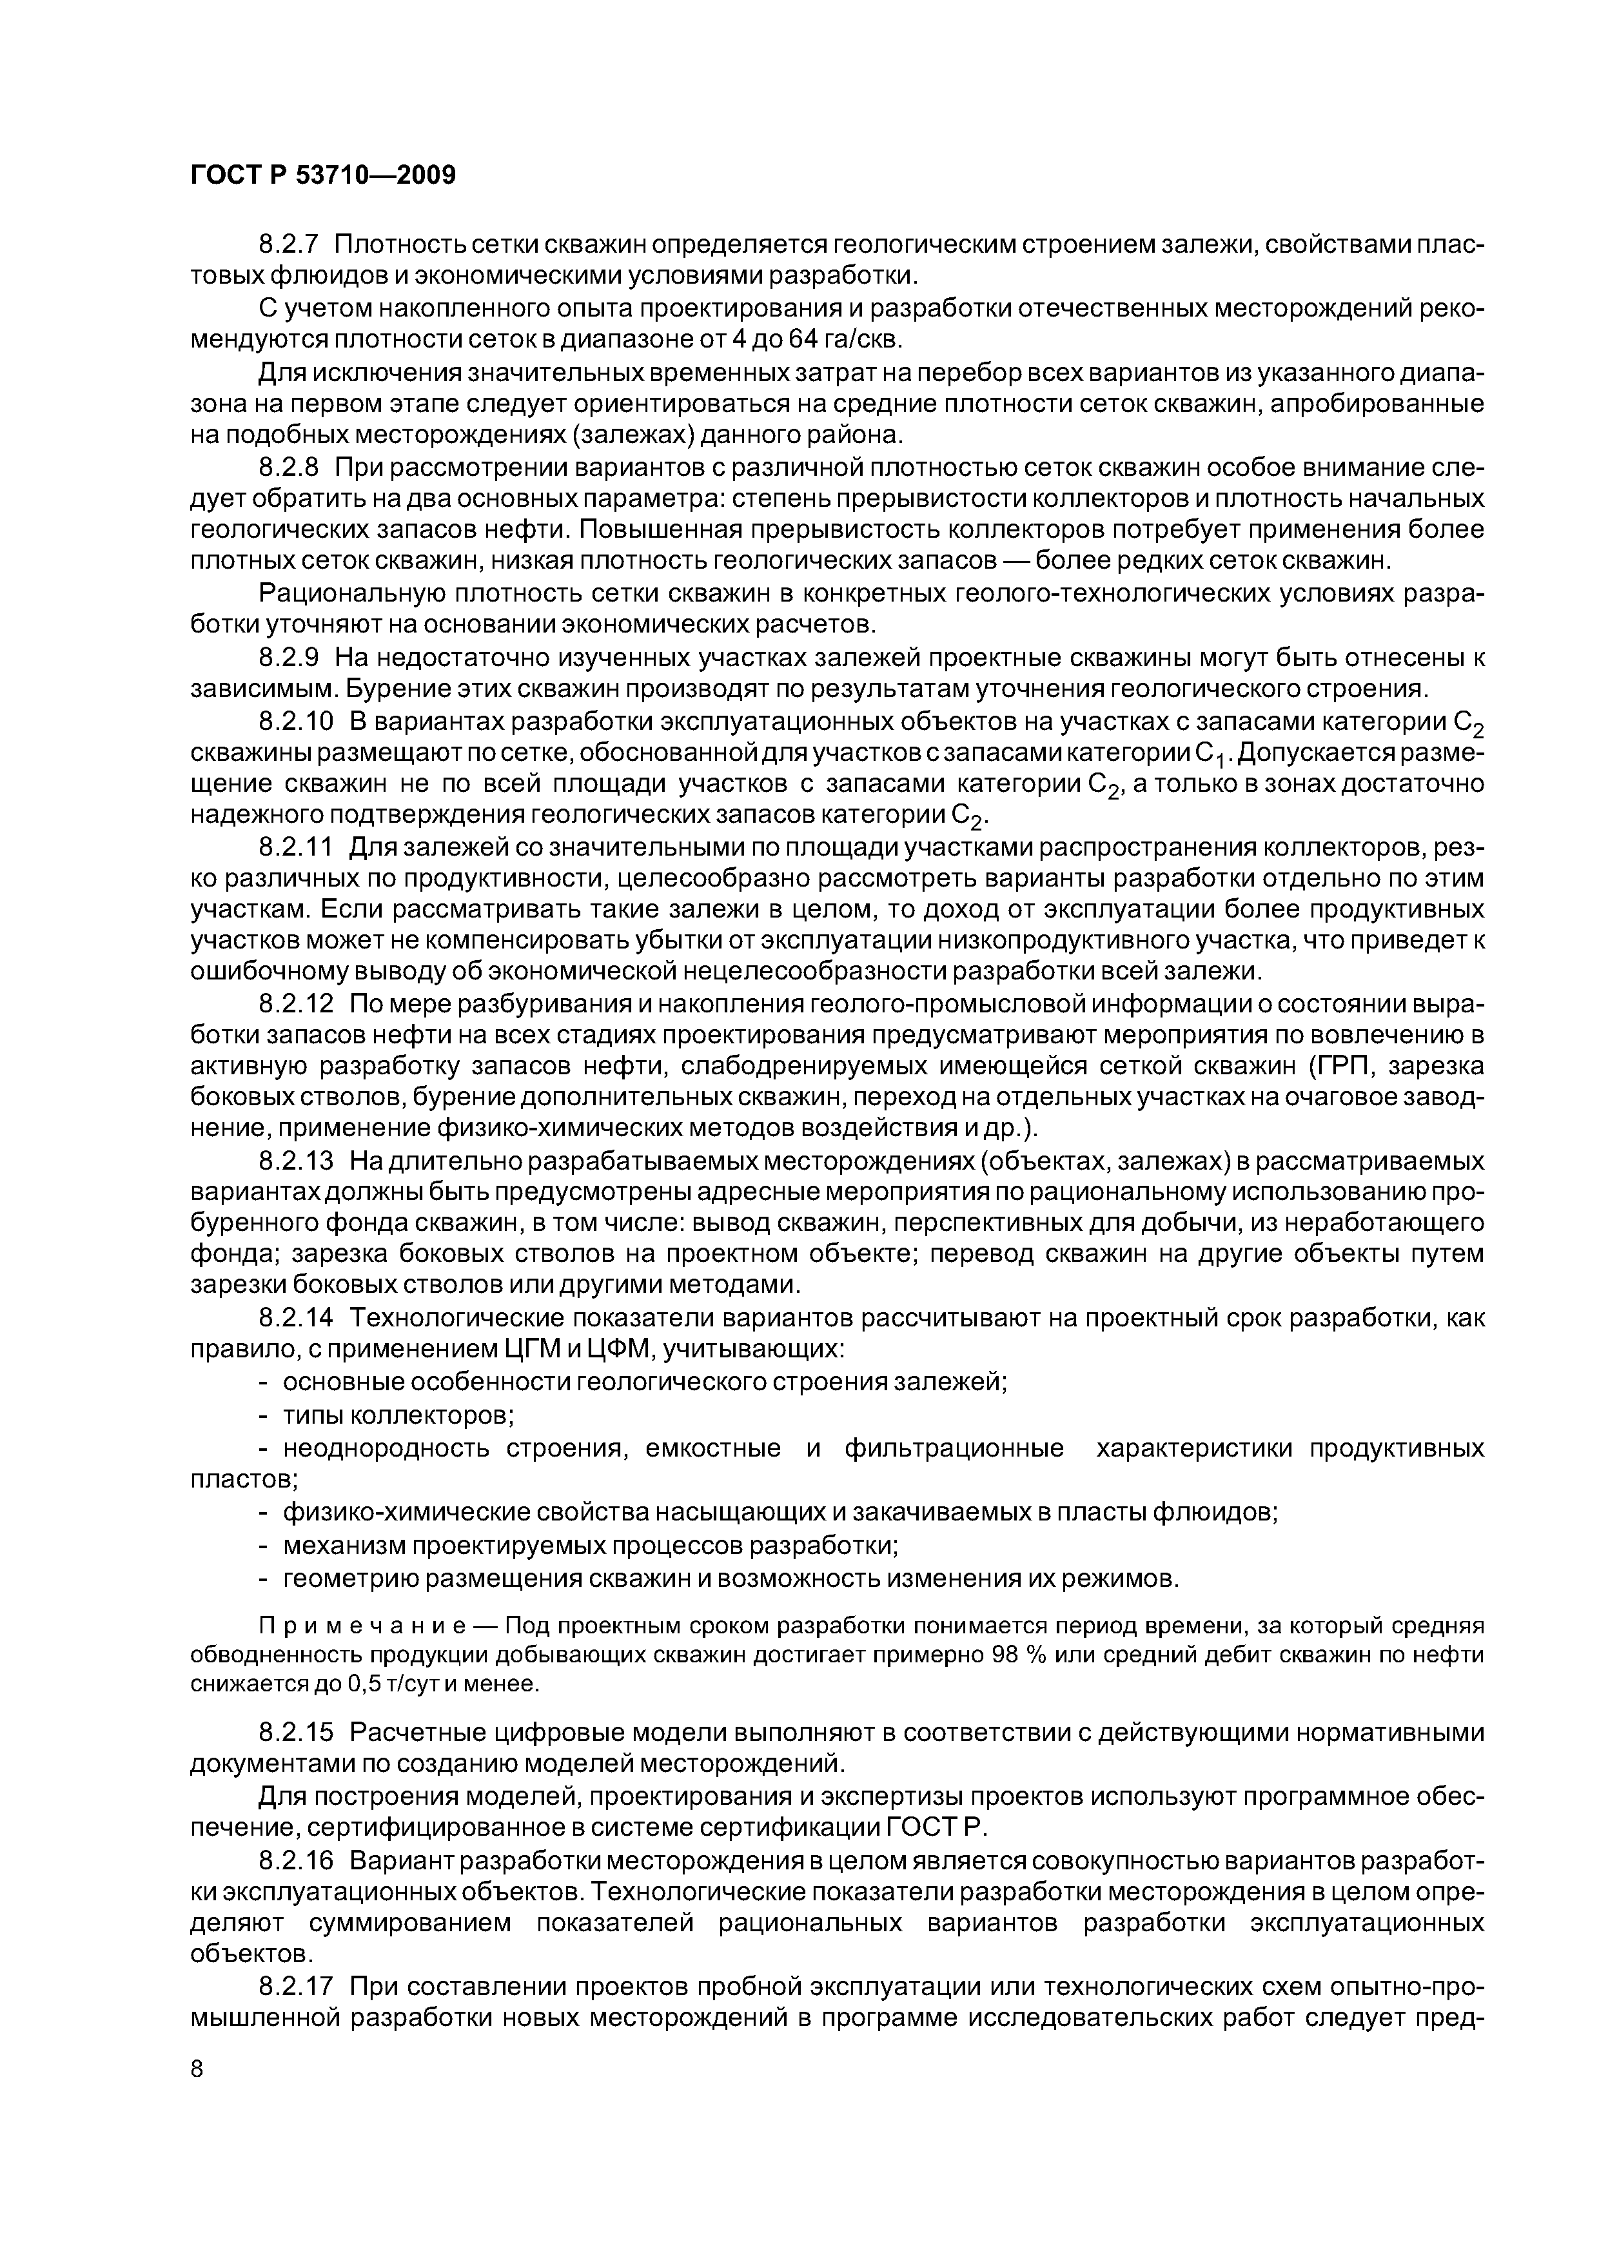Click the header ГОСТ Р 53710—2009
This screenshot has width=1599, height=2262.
(x=323, y=176)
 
